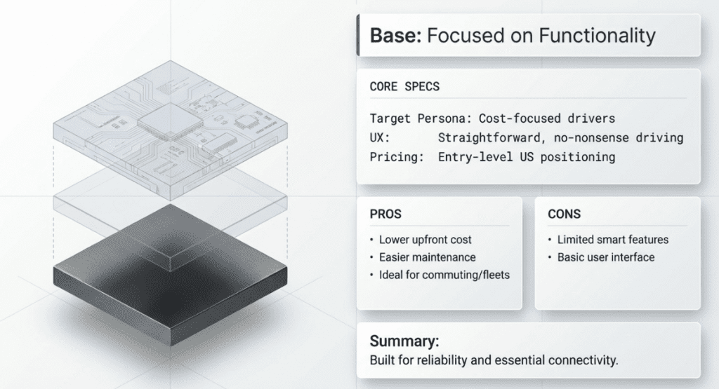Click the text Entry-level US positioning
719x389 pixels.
coord(526,157)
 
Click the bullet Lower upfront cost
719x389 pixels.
coord(426,240)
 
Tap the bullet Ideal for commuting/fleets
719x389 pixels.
coord(444,275)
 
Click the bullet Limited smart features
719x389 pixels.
coord(612,240)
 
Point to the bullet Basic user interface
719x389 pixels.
coord(605,257)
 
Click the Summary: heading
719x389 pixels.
coord(404,342)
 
